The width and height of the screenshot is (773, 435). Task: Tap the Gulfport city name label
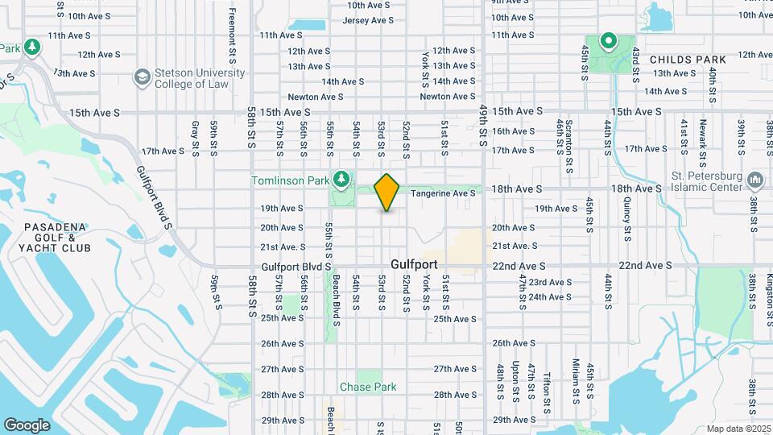click(x=414, y=264)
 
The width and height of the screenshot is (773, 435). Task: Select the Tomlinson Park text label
click(x=289, y=180)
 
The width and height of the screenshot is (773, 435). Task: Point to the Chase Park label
click(x=368, y=387)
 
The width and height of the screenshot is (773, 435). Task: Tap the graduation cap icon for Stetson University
click(x=142, y=77)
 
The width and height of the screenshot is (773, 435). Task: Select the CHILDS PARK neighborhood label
click(x=688, y=60)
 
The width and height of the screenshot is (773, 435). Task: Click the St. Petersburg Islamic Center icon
click(x=754, y=179)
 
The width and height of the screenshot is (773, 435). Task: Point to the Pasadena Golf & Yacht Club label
click(x=49, y=238)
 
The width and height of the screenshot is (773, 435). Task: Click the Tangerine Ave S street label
click(x=443, y=193)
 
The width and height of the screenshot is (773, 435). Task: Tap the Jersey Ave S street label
click(x=367, y=20)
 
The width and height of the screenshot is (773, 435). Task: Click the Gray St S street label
click(x=195, y=137)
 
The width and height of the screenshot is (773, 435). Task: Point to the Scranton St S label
click(x=569, y=137)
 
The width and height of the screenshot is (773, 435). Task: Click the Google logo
click(x=27, y=425)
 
